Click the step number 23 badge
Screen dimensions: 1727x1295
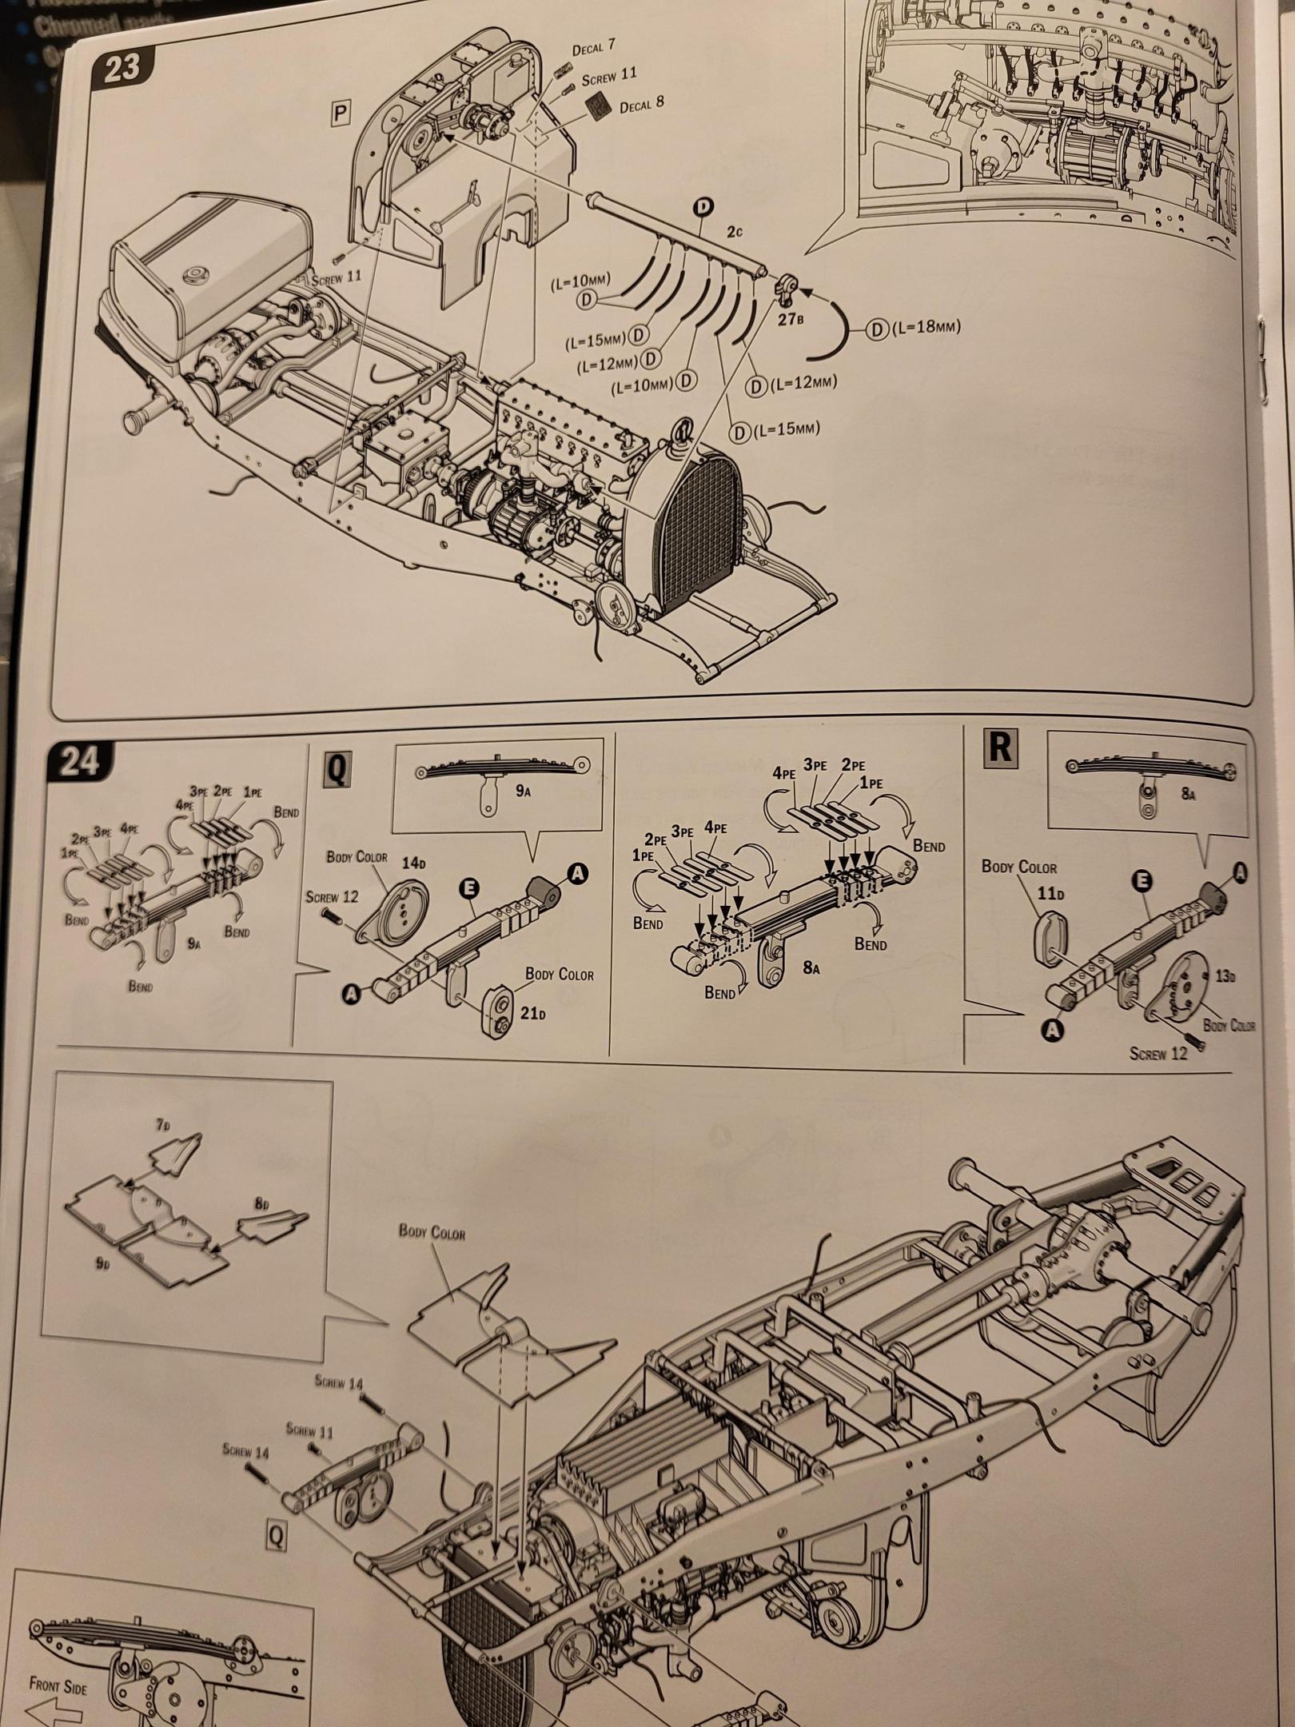pyautogui.click(x=122, y=67)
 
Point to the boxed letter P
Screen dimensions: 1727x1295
pyautogui.click(x=341, y=114)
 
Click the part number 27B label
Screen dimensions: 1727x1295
pyautogui.click(x=789, y=318)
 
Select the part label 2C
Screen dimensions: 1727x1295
pyautogui.click(x=734, y=232)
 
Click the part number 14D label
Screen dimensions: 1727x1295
pyautogui.click(x=413, y=863)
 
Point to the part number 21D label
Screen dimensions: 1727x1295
pyautogui.click(x=531, y=1015)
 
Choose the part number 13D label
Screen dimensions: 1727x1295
pyautogui.click(x=1224, y=977)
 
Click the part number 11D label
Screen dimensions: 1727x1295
pyautogui.click(x=1050, y=892)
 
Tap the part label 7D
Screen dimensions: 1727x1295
pyautogui.click(x=162, y=1125)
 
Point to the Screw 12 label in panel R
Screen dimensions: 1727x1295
pyautogui.click(x=1158, y=1054)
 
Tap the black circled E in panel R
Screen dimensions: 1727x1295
pyautogui.click(x=1143, y=879)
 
